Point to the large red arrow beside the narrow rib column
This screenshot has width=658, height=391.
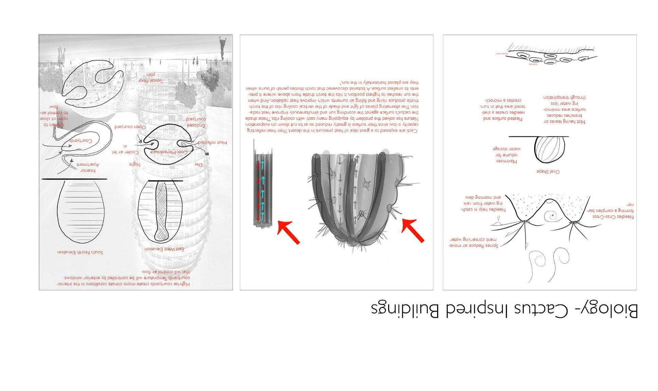tap(289, 232)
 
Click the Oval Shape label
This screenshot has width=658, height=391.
tap(548, 172)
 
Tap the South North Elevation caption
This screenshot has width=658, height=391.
tap(80, 252)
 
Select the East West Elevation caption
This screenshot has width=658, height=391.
tap(164, 249)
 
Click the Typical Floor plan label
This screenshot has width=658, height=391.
tap(151, 78)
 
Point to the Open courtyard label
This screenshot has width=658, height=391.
tap(130, 127)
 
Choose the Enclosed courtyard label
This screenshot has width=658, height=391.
tap(196, 122)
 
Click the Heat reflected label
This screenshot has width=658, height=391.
tap(212, 143)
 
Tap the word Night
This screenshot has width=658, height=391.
tap(135, 164)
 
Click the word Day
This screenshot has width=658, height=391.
tap(198, 165)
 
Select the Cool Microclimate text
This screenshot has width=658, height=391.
tap(169, 152)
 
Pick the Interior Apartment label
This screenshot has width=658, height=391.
tap(88, 167)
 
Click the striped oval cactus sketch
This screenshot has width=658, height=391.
tap(550, 149)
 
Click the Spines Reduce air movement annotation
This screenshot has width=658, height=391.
tap(473, 243)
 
